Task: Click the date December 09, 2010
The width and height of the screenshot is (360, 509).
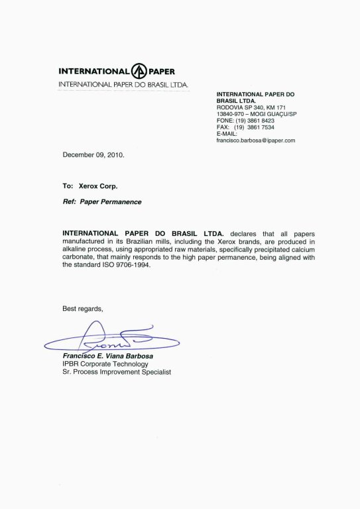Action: pos(93,154)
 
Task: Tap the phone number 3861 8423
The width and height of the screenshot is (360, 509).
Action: pos(261,121)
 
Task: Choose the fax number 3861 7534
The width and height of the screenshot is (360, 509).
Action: pos(261,127)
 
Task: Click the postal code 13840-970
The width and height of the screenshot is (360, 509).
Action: pos(231,114)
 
